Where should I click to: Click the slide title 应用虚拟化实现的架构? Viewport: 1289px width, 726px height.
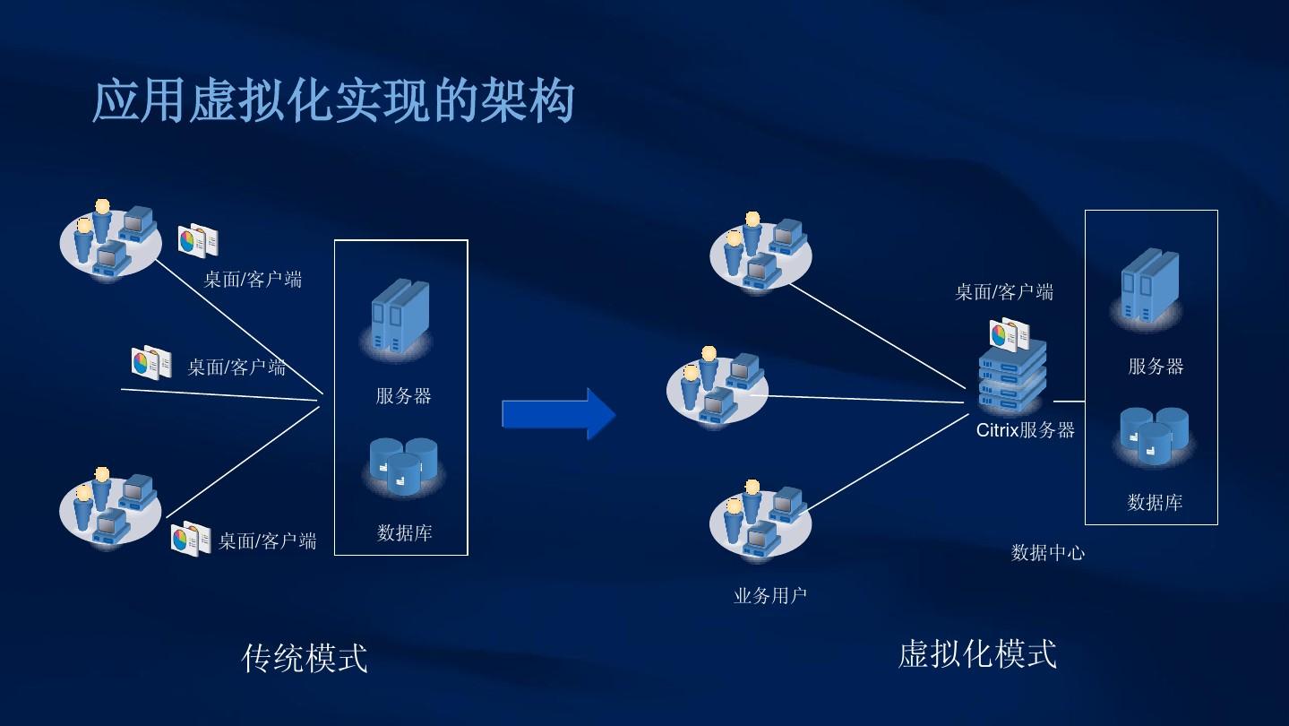(x=333, y=100)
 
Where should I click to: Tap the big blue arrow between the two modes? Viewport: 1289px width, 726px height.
(x=559, y=414)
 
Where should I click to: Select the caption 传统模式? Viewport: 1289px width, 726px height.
(x=305, y=658)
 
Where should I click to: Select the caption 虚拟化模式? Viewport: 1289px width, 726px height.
(x=977, y=653)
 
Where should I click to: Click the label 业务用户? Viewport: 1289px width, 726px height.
(x=769, y=595)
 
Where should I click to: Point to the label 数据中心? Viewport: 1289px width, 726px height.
(x=1047, y=552)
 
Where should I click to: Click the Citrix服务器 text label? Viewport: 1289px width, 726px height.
(x=1025, y=430)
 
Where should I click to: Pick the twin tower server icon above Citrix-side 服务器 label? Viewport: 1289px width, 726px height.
(x=1150, y=287)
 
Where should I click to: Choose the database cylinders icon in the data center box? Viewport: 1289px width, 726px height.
(x=1154, y=436)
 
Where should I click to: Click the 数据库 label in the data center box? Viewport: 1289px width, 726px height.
(x=1155, y=503)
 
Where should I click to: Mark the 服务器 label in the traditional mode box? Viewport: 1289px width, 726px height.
(x=403, y=396)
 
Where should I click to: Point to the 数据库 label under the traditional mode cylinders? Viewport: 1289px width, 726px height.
(x=404, y=533)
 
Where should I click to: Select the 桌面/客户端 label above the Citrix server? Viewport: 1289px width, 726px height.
(x=1003, y=291)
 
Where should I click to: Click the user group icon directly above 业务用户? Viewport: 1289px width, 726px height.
(x=761, y=520)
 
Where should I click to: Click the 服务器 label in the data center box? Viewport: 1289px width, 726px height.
(x=1156, y=366)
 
